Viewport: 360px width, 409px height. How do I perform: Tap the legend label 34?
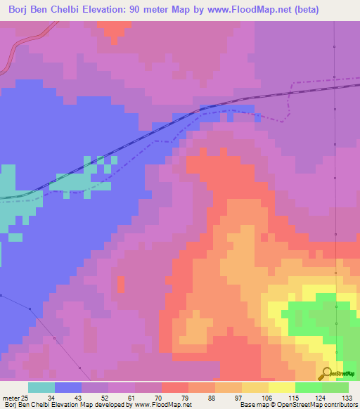[x=51, y=397]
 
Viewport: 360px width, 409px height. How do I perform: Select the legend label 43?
[x=77, y=397]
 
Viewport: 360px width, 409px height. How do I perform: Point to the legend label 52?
[x=104, y=397]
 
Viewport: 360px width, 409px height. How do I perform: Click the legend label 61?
[x=131, y=397]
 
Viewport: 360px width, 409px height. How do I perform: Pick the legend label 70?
[x=157, y=397]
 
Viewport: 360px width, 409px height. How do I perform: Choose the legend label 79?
[x=184, y=397]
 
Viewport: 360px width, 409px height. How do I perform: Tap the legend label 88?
[x=211, y=397]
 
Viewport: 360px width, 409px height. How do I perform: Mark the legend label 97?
[x=238, y=397]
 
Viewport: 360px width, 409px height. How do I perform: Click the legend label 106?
[x=264, y=397]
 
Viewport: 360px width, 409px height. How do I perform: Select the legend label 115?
[x=291, y=397]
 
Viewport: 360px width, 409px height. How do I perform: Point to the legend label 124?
[x=318, y=397]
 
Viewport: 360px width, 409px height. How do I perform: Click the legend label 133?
[x=345, y=397]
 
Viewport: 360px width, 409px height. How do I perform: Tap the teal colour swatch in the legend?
[x=41, y=387]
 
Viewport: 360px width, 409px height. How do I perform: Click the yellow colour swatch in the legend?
[x=282, y=387]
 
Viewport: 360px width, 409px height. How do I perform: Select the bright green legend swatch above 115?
[x=309, y=387]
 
